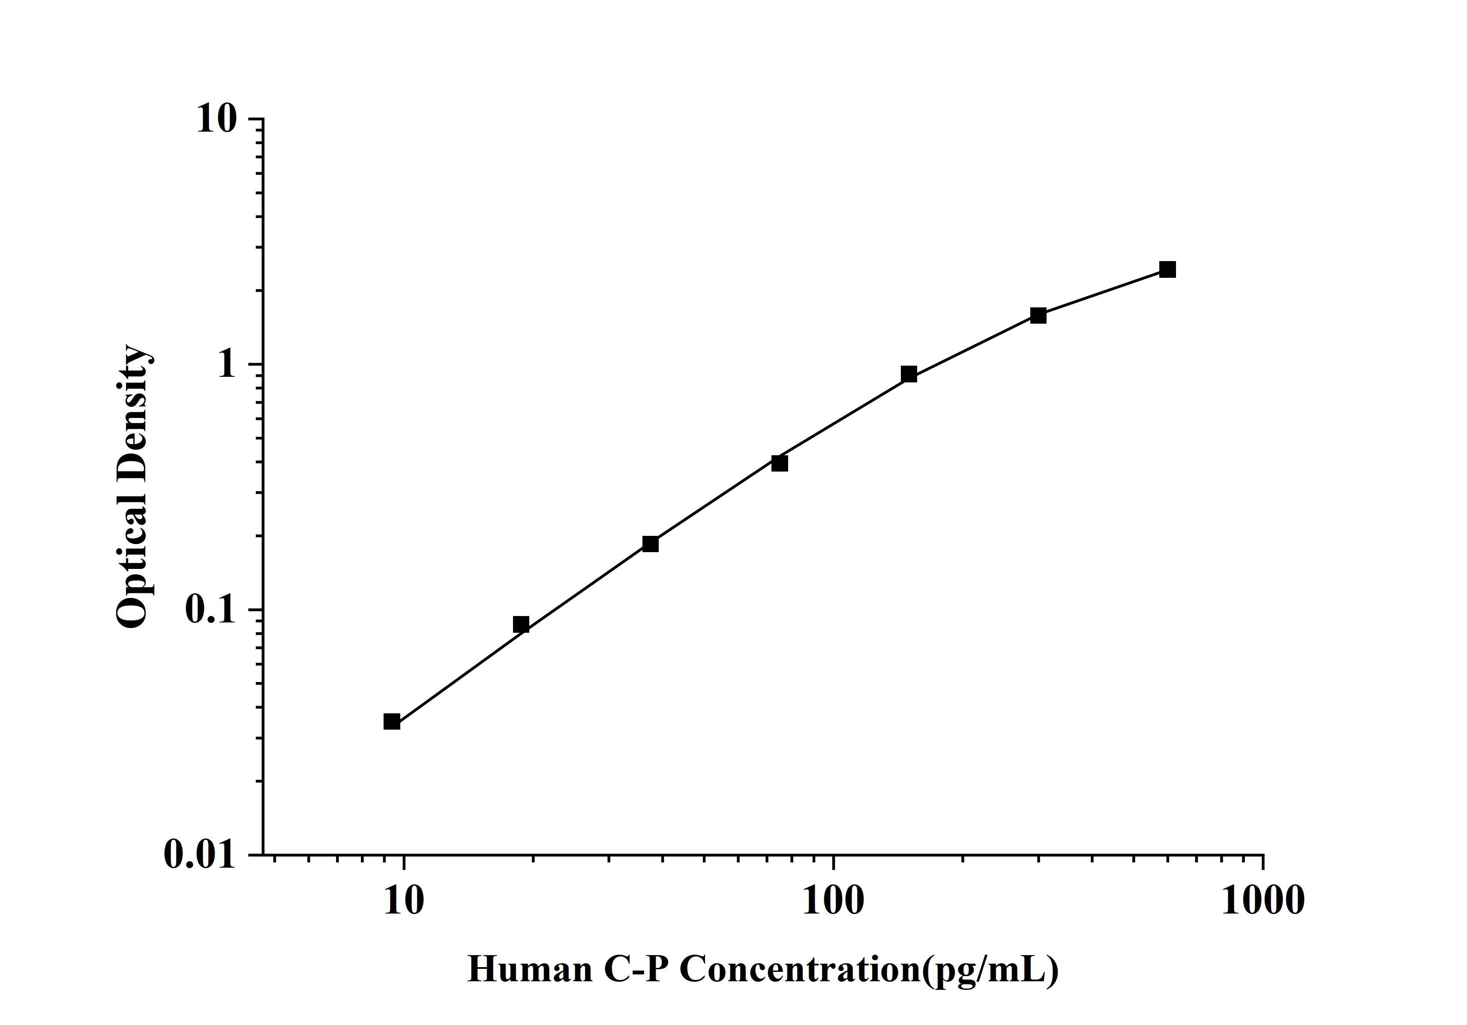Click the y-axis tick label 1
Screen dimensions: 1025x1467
[227, 365]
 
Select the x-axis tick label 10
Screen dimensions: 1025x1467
[404, 901]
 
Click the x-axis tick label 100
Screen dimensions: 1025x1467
[833, 901]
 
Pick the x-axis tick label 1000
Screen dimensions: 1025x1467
[1263, 901]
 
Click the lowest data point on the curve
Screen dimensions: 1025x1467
[392, 721]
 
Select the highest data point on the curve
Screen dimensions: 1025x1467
[1167, 269]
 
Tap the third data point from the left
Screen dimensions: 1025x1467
[651, 544]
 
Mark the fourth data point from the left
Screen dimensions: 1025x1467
[780, 463]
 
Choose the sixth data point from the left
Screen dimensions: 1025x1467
[1038, 315]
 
